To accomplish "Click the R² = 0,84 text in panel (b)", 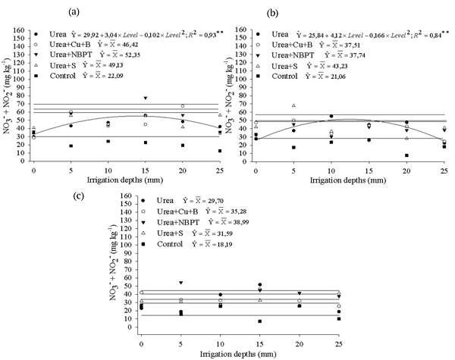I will click(424, 34).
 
